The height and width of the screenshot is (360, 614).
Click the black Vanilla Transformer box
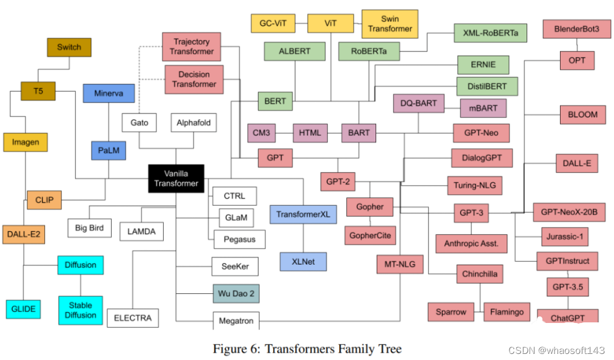pyautogui.click(x=176, y=178)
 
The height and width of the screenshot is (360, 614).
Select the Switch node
pyautogui.click(x=69, y=47)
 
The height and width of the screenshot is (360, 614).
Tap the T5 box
pyautogui.click(x=38, y=91)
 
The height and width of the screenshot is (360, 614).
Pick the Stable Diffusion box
pyautogui.click(x=81, y=310)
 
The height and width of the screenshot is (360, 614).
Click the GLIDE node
pyautogui.click(x=24, y=309)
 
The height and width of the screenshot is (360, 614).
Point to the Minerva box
pyautogui.click(x=109, y=93)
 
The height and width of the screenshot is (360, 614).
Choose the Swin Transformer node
pyautogui.click(x=390, y=23)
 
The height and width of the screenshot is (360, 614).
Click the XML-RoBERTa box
pyautogui.click(x=490, y=33)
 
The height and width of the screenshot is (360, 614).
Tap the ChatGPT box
pyautogui.click(x=567, y=316)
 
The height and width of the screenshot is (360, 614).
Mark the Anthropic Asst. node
pyautogui.click(x=471, y=243)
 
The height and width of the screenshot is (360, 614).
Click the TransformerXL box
pyautogui.click(x=303, y=214)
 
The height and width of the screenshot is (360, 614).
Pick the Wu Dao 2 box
pyautogui.click(x=236, y=294)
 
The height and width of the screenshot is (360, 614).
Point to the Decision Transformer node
pyautogui.click(x=194, y=80)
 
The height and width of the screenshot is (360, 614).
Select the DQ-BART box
pyautogui.click(x=419, y=103)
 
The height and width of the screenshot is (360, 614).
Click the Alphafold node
pyautogui.click(x=194, y=123)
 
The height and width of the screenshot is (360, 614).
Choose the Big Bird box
pyautogui.click(x=89, y=228)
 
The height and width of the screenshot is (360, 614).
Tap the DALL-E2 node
pyautogui.click(x=24, y=233)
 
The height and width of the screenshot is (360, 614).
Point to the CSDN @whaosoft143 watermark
pyautogui.click(x=556, y=350)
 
